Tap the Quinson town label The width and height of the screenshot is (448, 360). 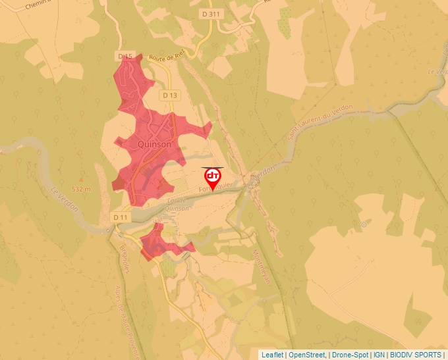(155, 144)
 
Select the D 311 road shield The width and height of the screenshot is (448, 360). (212, 13)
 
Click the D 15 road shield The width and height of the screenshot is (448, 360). (126, 57)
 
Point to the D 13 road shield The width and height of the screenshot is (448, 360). (170, 95)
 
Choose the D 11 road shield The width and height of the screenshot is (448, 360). (120, 217)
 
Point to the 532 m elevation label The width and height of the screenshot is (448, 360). (80, 189)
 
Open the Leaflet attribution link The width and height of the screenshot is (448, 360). (272, 355)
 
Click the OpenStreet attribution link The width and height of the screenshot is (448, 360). (307, 355)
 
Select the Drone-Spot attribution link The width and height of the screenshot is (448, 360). (350, 355)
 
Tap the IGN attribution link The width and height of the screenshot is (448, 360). (379, 355)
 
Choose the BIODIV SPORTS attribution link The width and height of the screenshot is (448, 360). (416, 355)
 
